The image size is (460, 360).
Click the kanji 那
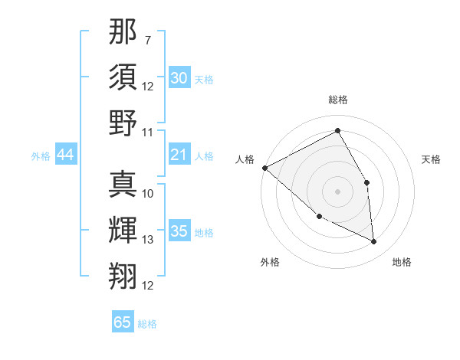pyautogui.click(x=123, y=33)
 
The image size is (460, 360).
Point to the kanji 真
pyautogui.click(x=123, y=185)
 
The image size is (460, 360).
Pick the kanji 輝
pyautogui.click(x=123, y=231)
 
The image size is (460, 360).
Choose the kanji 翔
pyautogui.click(x=123, y=276)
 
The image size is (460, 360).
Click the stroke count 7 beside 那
pyautogui.click(x=148, y=39)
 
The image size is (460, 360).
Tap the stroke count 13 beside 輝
pyautogui.click(x=148, y=240)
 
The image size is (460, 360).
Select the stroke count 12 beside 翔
pyautogui.click(x=148, y=286)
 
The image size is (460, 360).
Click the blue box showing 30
pyautogui.click(x=179, y=78)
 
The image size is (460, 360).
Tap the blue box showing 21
pyautogui.click(x=179, y=155)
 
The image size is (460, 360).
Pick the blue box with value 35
pyautogui.click(x=179, y=232)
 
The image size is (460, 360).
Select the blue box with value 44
pyautogui.click(x=65, y=155)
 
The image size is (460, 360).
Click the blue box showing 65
pyautogui.click(x=123, y=322)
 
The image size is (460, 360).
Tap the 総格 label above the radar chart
pyautogui.click(x=337, y=100)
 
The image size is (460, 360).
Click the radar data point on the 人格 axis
pyautogui.click(x=264, y=168)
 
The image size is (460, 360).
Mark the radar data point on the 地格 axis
pyautogui.click(x=373, y=241)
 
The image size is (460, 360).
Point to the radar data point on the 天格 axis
pyautogui.click(x=367, y=182)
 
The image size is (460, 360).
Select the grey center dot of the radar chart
pyautogui.click(x=337, y=191)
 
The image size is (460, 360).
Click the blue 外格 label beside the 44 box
pyautogui.click(x=41, y=156)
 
